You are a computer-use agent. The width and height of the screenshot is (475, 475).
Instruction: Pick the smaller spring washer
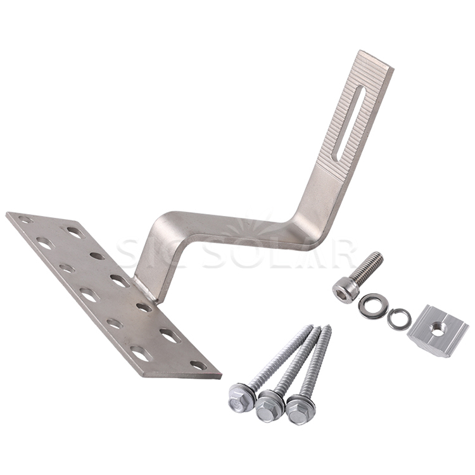point(397,319)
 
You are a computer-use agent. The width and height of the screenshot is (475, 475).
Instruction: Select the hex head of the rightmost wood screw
point(300,409)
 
